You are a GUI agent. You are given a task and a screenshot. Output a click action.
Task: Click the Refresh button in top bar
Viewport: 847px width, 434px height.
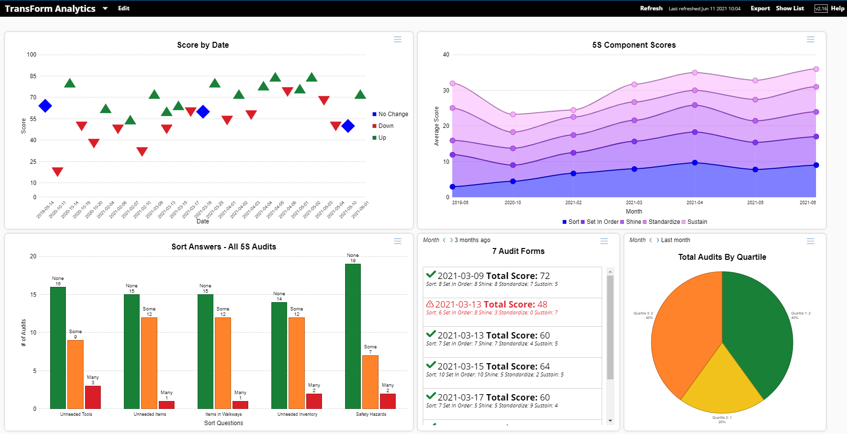(651, 8)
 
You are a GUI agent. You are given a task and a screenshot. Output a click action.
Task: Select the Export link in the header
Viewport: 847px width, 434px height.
(760, 8)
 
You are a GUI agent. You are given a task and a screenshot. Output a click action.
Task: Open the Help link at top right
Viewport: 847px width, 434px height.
(838, 8)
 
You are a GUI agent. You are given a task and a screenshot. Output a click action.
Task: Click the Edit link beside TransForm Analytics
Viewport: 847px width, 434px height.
(123, 8)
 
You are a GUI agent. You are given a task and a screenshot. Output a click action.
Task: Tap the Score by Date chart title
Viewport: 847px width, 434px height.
(203, 45)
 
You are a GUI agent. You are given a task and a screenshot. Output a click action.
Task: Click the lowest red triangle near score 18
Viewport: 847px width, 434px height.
(58, 171)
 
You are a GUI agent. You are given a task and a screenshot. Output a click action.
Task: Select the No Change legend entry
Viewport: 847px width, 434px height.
(392, 114)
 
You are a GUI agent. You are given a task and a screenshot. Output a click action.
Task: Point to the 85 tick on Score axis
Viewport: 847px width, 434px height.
(33, 76)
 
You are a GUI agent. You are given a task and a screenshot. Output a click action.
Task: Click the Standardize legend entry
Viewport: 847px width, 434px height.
(664, 222)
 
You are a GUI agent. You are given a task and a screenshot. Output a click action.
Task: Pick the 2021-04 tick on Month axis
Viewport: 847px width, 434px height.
(694, 203)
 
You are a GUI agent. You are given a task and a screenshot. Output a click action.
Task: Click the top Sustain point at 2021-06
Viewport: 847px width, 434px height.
(816, 69)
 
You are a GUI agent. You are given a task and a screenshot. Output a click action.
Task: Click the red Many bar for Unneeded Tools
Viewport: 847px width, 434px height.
(93, 397)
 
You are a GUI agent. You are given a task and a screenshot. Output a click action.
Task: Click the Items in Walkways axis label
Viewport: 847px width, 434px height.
(223, 414)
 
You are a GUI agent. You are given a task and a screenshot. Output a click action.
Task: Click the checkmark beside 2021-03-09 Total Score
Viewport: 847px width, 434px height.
(431, 275)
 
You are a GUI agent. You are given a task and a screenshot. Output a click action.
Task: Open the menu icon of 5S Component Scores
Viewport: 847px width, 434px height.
(810, 39)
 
